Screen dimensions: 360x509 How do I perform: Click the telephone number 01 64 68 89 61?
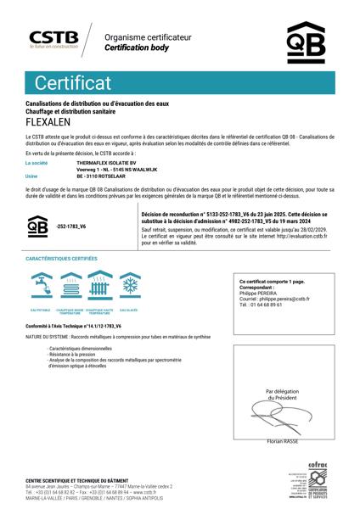[265, 304]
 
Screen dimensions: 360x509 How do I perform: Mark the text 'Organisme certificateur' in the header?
[148, 38]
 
